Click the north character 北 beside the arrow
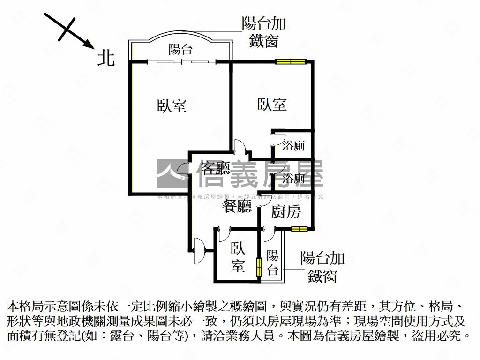106,58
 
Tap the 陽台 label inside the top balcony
180,49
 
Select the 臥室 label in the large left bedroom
172,105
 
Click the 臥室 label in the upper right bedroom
272,104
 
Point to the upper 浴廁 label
294,146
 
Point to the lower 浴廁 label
294,178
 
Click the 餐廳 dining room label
237,206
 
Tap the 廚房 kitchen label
286,212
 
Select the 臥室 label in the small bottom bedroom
238,257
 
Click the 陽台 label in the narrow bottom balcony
272,262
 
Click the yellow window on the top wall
291,61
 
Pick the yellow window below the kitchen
299,229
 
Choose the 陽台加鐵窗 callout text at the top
264,32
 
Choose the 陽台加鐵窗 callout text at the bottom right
322,267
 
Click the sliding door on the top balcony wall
181,61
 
